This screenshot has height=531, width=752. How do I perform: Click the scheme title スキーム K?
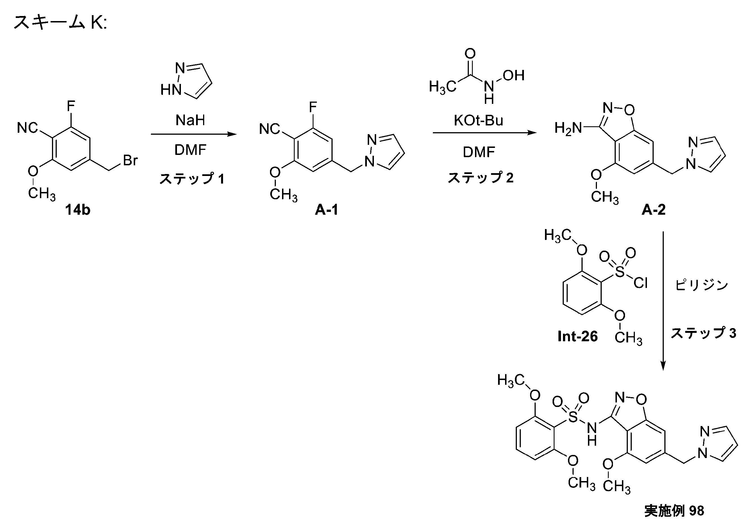[60, 22]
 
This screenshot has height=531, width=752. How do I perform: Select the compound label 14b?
[78, 210]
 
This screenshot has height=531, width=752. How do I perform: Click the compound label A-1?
[326, 210]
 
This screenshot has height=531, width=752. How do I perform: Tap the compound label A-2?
[654, 210]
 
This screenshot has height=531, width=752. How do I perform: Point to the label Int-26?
[578, 336]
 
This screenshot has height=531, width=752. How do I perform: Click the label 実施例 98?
[674, 511]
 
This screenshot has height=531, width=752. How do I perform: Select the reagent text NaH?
[190, 120]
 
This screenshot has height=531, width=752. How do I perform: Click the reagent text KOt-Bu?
[478, 120]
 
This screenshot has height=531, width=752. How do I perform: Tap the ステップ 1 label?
[192, 178]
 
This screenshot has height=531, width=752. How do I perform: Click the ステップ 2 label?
[480, 177]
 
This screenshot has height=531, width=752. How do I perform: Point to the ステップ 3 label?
[703, 333]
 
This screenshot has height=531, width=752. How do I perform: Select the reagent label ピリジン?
[701, 285]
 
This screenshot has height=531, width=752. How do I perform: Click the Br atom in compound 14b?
[130, 160]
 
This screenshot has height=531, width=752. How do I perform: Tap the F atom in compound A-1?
[313, 107]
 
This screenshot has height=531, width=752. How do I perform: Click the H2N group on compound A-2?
[568, 128]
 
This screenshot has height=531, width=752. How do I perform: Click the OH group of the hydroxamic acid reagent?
[514, 75]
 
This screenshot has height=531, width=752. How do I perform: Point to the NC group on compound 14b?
[28, 128]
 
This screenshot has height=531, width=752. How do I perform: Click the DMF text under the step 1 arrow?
[190, 150]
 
